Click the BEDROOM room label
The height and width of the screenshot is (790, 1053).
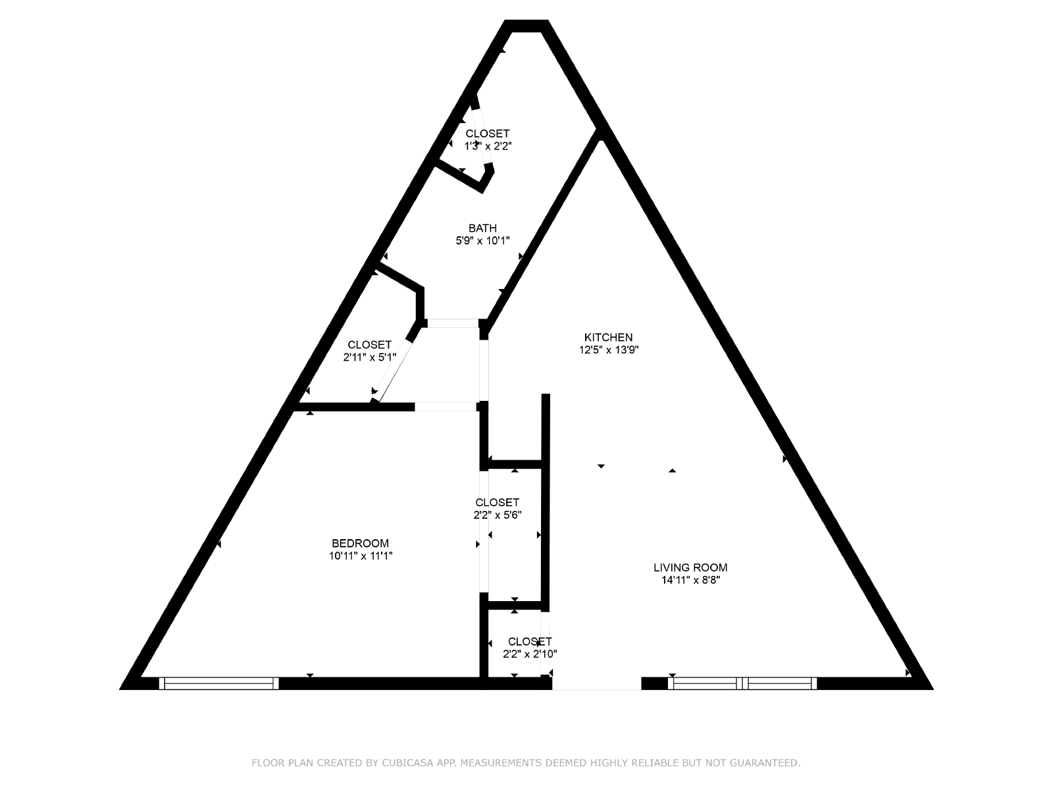click(x=360, y=544)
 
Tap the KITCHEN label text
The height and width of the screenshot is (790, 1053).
click(x=608, y=337)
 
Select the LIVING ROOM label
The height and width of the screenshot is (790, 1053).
click(x=690, y=567)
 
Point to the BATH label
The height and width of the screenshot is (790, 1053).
click(x=482, y=228)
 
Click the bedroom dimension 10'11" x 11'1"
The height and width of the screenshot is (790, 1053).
click(x=361, y=556)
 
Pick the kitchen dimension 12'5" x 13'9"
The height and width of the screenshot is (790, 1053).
click(x=608, y=350)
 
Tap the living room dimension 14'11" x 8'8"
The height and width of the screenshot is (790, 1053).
click(x=691, y=581)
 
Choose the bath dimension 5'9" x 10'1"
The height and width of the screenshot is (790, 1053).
click(x=482, y=241)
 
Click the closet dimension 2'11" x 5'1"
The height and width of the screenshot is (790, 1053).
click(x=369, y=357)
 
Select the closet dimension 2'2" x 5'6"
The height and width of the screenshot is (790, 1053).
click(x=498, y=515)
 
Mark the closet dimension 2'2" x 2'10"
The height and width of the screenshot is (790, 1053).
click(x=530, y=654)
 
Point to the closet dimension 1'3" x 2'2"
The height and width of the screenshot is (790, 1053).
click(x=488, y=146)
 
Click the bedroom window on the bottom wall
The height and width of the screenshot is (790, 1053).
click(x=218, y=683)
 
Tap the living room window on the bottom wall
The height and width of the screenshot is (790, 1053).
click(x=742, y=683)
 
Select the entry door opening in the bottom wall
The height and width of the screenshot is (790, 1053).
click(x=596, y=684)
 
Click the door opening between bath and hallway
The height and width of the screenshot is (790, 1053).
click(x=453, y=323)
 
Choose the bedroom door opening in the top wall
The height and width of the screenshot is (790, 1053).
click(x=446, y=407)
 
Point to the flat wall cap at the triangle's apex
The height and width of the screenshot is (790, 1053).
click(x=526, y=26)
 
